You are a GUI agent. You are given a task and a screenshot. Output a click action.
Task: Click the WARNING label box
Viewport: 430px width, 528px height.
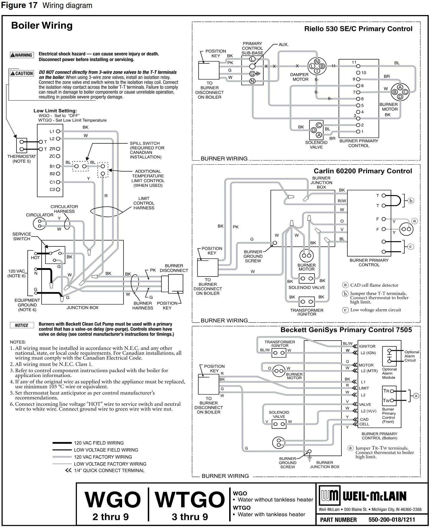pos(22,55)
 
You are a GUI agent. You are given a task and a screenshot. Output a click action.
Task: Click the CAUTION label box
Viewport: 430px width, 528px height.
pos(22,73)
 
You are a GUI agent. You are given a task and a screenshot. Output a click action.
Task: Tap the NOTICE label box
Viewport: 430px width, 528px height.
pos(22,325)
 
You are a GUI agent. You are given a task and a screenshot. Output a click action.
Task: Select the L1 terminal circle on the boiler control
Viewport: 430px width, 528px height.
pos(58,131)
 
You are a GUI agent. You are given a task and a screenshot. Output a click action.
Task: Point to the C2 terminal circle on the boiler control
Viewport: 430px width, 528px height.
pos(58,189)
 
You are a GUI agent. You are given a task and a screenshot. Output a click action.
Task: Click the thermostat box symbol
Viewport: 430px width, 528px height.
pos(22,146)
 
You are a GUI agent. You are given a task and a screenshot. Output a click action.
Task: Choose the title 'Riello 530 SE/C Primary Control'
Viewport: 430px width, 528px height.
pos(358,29)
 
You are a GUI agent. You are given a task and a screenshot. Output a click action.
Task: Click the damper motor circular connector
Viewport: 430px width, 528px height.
pos(317,66)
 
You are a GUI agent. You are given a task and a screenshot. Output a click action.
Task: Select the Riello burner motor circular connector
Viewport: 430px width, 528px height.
pos(400,92)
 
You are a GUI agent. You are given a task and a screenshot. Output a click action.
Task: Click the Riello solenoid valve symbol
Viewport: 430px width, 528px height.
pos(316,130)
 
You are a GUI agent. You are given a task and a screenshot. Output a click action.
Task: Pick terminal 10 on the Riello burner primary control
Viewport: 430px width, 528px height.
pos(358,72)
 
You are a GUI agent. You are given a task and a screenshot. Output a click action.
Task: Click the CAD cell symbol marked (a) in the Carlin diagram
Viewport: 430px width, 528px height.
pos(406,229)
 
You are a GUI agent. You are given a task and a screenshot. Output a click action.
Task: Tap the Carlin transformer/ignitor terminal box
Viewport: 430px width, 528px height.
pos(307,302)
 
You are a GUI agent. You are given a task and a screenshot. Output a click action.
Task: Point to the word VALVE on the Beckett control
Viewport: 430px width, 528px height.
pos(365,404)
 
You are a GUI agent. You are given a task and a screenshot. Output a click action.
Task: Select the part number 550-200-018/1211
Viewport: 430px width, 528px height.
pos(392,520)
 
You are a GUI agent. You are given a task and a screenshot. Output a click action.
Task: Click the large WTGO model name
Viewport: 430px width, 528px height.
pos(190,499)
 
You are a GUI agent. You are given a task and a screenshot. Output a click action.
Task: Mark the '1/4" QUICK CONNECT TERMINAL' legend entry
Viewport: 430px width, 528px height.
pos(105,471)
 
